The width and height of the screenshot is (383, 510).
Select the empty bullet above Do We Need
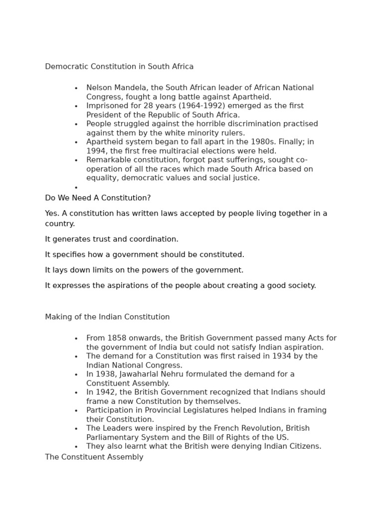(76, 188)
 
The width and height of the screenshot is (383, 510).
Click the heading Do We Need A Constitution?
(98, 198)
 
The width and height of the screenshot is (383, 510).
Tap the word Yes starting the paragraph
(51, 213)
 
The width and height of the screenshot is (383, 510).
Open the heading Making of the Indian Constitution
(107, 317)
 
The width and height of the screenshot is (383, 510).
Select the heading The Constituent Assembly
(94, 457)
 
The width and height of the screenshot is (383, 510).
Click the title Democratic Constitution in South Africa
(119, 66)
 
